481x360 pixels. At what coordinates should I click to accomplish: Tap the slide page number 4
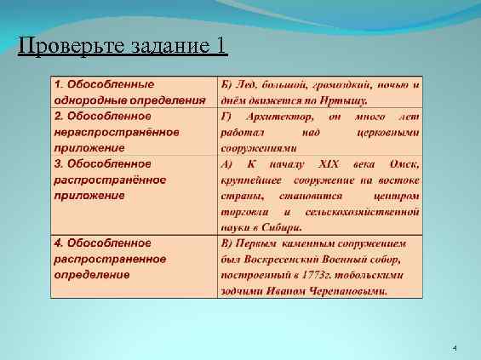click(x=455, y=349)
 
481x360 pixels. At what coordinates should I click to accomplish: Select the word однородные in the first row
click(x=91, y=100)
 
